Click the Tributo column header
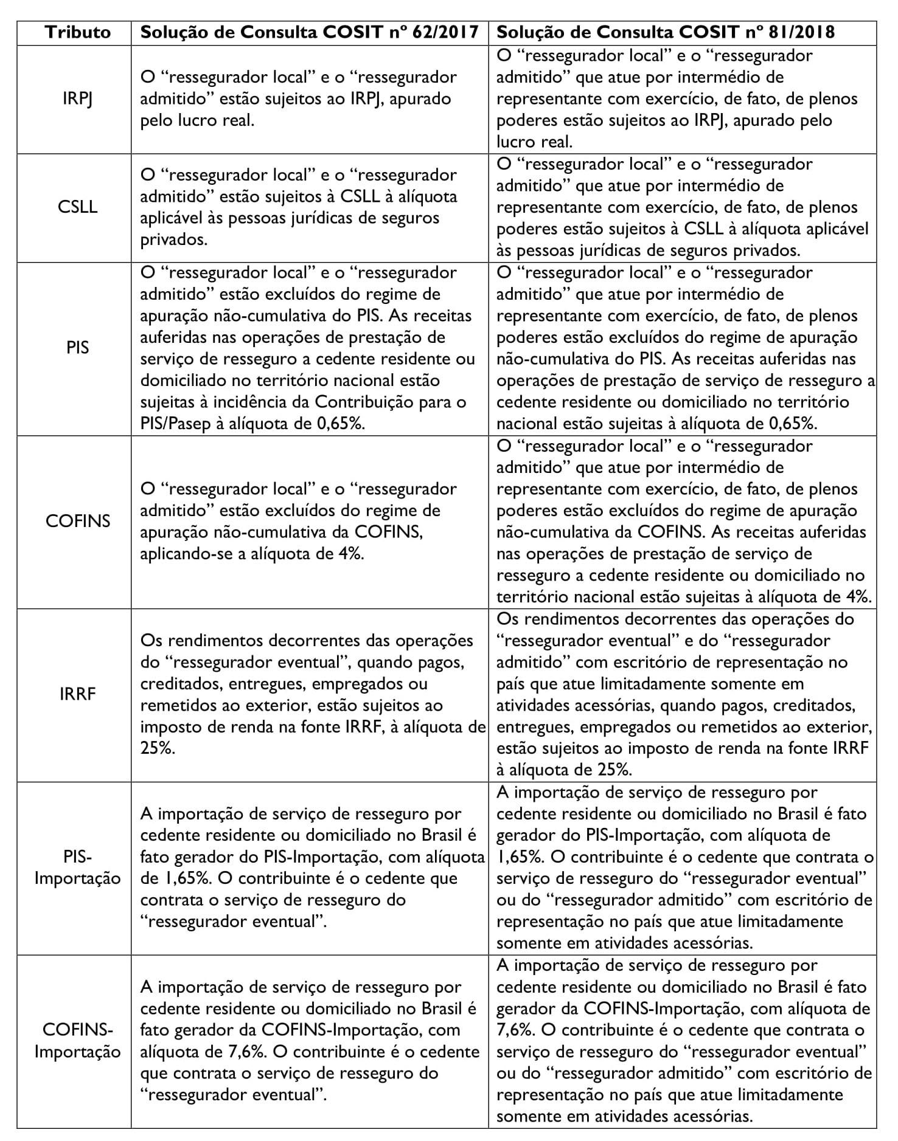coord(78,32)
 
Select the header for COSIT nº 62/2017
coord(309,32)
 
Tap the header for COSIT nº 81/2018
coord(666,32)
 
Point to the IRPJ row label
coord(78,98)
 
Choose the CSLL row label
coord(78,207)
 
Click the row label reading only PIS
coord(78,348)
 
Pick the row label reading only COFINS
coord(78,521)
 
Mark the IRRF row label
coord(78,694)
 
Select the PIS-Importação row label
coord(78,867)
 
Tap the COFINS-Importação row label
coord(78,1041)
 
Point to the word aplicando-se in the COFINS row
coord(189,554)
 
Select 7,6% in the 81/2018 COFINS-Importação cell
coord(513,1030)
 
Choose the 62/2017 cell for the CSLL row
coord(309,207)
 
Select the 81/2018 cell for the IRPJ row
coord(681,98)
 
